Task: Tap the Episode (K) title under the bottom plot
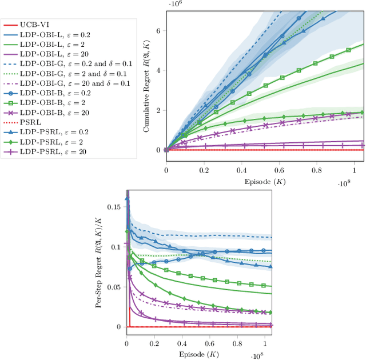(199, 354)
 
